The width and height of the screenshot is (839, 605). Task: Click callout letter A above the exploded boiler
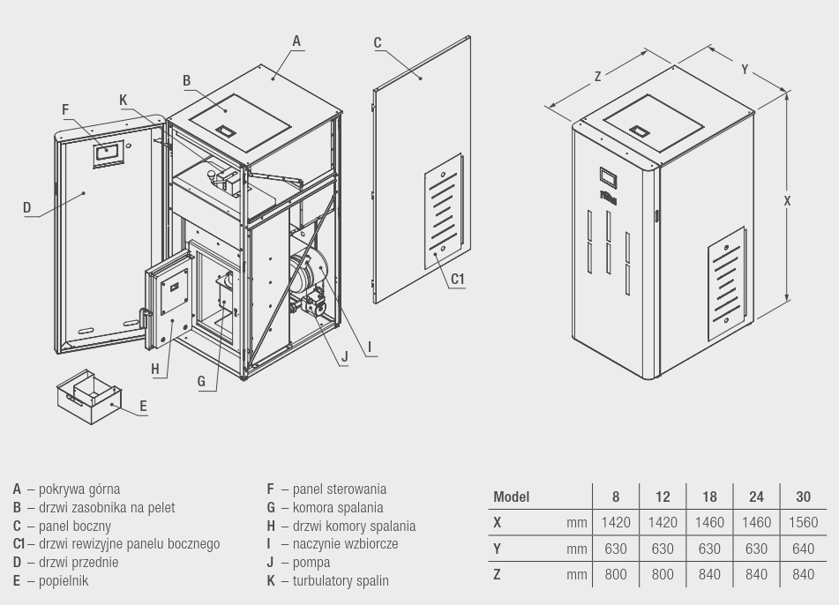click(x=297, y=41)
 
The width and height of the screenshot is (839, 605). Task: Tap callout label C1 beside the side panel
click(x=458, y=279)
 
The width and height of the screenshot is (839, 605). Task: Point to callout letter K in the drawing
click(x=124, y=100)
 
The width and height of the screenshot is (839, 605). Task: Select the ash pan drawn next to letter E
click(x=89, y=396)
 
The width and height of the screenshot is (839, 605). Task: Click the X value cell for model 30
click(x=803, y=522)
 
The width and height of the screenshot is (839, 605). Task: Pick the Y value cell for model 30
click(x=803, y=549)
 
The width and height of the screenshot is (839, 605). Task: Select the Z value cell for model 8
click(x=615, y=574)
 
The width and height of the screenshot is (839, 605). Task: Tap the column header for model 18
click(x=709, y=497)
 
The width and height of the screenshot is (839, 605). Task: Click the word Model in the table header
click(x=511, y=497)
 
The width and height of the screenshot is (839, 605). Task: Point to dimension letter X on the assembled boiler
click(x=787, y=200)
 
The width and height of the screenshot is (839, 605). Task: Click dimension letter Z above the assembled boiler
click(x=597, y=77)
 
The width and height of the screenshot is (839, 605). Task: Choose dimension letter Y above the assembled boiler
click(x=745, y=70)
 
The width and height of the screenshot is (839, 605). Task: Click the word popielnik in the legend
click(x=64, y=581)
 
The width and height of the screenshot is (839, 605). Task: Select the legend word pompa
click(x=311, y=563)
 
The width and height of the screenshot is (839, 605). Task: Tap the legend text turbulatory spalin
click(x=341, y=581)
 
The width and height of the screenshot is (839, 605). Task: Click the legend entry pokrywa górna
click(x=79, y=489)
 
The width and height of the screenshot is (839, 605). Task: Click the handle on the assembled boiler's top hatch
click(x=640, y=131)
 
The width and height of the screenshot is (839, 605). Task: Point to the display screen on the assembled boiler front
click(x=609, y=177)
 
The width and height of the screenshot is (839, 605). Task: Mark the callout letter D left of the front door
click(x=26, y=207)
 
